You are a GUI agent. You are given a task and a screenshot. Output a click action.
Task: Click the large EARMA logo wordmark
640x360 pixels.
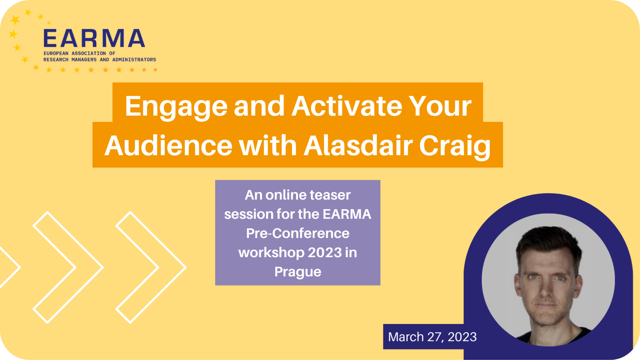pos(94,38)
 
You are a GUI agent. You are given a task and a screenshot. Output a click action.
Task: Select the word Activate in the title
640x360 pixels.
pos(346,106)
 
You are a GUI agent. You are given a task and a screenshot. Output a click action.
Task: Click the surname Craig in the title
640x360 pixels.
pos(455,148)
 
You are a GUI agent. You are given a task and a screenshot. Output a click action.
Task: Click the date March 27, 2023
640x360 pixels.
pos(432,337)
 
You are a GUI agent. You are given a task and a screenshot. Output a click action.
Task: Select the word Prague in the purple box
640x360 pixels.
pos(298,272)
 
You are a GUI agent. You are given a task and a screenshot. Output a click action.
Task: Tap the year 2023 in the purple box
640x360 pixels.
pos(325,252)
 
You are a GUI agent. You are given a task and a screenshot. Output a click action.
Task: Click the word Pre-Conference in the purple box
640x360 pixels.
pos(298,234)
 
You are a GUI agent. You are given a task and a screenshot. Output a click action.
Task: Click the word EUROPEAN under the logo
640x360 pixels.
pos(56,54)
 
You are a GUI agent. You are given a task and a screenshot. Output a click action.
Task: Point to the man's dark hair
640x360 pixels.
pos(548,243)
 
